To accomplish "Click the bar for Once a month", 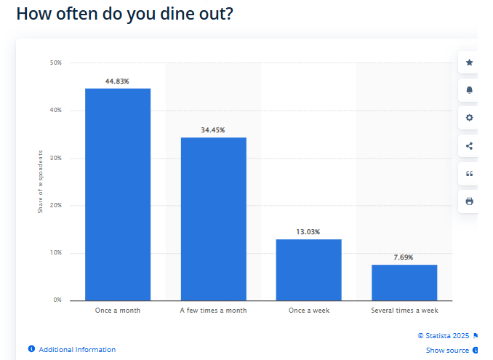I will point(118,194).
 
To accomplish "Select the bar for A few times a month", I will point(213,218).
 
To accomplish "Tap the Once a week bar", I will point(308,269).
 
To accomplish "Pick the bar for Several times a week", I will point(404,282).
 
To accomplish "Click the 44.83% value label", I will point(117,81).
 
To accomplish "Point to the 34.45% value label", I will point(213,130).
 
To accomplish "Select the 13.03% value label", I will point(308,232).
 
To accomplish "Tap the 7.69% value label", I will point(404,257).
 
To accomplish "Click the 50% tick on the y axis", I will point(56,63).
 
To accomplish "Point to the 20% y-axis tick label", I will point(56,205).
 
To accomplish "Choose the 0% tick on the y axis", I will point(57,300).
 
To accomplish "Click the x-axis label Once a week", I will point(308,311).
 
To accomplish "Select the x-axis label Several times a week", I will point(404,311).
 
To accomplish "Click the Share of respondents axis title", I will point(41,182).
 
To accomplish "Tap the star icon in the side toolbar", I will point(469,63).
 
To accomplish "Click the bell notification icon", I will point(469,90).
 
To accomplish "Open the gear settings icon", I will point(469,118).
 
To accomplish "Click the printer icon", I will point(469,201).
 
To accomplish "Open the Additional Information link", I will point(77,350).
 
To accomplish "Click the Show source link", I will point(447,351).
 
